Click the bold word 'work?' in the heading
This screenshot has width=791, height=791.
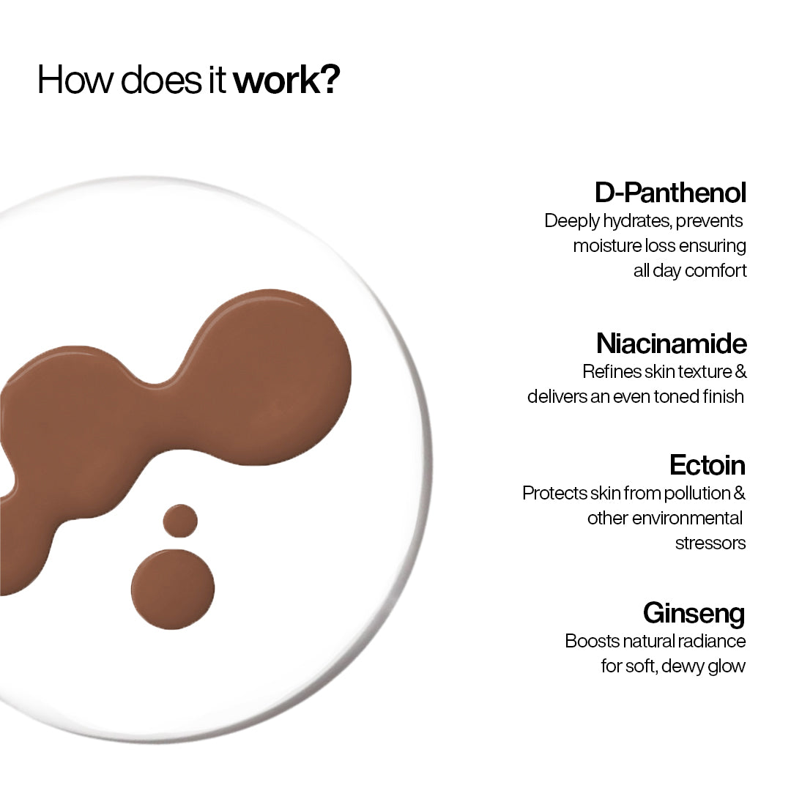tap(286, 80)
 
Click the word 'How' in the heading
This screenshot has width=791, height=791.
tap(74, 80)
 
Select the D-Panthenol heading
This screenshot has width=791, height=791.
tap(670, 193)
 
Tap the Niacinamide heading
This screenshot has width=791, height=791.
tap(671, 343)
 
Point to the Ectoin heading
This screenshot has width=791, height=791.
tap(707, 465)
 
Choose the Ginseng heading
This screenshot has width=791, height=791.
tap(694, 612)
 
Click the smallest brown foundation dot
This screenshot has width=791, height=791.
tap(180, 521)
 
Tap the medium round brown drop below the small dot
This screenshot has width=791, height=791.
tap(173, 589)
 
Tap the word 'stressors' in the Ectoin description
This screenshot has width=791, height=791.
tap(710, 543)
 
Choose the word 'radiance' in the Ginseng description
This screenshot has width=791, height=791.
tap(712, 641)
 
